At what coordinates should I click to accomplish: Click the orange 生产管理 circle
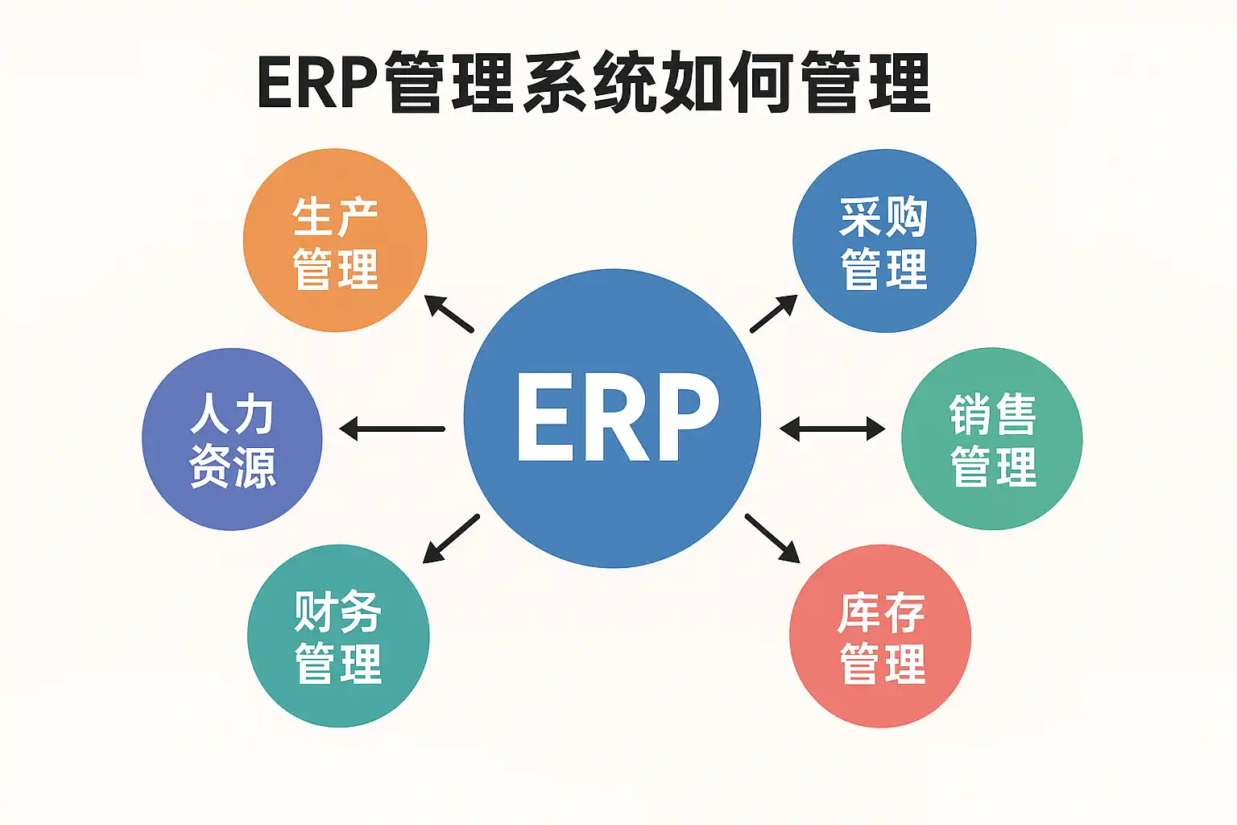[x=334, y=240]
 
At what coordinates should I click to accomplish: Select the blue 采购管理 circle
[x=883, y=240]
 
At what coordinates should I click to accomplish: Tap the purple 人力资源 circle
[x=232, y=439]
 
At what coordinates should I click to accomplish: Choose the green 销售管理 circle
[x=991, y=439]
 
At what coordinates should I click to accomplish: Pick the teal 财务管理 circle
[x=337, y=636]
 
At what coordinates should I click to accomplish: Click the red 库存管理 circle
[x=880, y=636]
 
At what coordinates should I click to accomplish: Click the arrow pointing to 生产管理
[x=449, y=314]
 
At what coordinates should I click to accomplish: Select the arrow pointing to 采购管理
[x=773, y=313]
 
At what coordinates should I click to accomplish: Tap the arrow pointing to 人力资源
[x=392, y=429]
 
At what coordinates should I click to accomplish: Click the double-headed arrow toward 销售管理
[x=831, y=429]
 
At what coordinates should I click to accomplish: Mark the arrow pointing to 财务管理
[x=451, y=538]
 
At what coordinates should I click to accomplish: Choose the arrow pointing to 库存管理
[x=772, y=538]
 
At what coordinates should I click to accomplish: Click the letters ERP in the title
[x=317, y=83]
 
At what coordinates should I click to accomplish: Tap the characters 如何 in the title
[x=725, y=83]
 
